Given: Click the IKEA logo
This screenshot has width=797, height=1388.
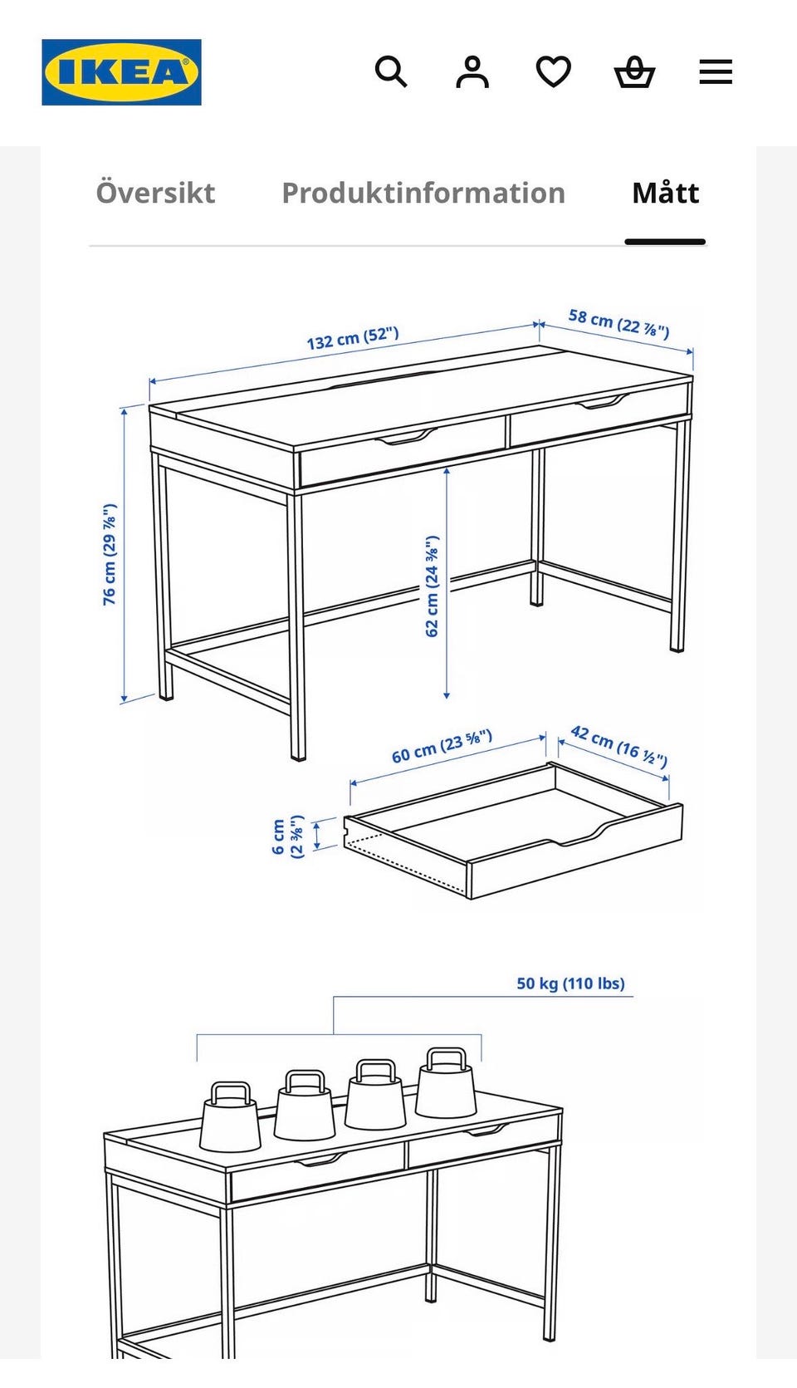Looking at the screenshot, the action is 121,72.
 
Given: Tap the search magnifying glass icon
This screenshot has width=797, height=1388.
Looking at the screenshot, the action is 391,72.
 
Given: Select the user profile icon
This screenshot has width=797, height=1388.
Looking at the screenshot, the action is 472,72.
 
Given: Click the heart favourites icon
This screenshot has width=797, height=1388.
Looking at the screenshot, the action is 553,72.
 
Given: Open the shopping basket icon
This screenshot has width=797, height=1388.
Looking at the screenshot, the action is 635,72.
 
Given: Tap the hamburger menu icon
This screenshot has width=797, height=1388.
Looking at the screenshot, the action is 716,72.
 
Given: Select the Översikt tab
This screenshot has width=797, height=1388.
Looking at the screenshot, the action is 155,192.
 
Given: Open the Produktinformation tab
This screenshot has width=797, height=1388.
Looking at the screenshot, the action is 423,193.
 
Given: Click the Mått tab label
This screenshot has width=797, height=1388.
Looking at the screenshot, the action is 666,192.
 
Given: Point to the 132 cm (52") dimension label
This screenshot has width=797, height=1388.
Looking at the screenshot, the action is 353,338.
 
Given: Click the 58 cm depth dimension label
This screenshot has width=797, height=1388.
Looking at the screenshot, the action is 619,324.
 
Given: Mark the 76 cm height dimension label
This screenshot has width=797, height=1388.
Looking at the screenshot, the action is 110,554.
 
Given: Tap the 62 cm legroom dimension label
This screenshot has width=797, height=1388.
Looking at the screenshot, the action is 433,586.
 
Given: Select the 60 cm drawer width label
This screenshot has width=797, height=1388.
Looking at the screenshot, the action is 443,746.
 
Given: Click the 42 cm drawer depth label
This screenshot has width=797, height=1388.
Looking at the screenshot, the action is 619,746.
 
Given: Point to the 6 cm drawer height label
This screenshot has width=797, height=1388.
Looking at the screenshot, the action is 288,836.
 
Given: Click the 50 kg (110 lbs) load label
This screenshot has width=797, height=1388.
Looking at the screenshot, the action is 571,983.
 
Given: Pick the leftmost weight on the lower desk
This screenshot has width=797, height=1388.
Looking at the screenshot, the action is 230,1117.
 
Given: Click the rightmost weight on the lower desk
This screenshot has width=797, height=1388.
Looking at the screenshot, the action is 446,1082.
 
